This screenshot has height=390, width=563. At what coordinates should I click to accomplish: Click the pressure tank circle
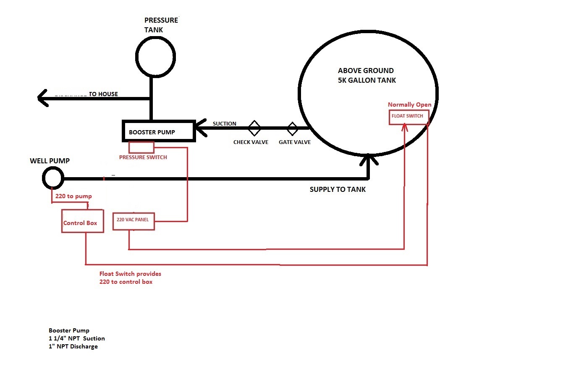pyautogui.click(x=155, y=56)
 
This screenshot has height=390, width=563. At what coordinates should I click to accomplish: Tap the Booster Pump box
pyautogui.click(x=158, y=131)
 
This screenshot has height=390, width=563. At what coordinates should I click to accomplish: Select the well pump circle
pyautogui.click(x=53, y=178)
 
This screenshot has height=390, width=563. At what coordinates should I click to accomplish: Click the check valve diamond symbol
pyautogui.click(x=254, y=128)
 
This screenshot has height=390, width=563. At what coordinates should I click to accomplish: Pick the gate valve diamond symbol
pyautogui.click(x=292, y=128)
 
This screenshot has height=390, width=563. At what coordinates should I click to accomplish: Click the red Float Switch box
pyautogui.click(x=409, y=116)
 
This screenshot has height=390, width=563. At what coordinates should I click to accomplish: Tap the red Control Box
pyautogui.click(x=82, y=221)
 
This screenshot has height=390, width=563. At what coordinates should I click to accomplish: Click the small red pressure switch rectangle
pyautogui.click(x=141, y=147)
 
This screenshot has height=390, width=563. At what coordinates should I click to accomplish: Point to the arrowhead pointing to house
pyautogui.click(x=43, y=98)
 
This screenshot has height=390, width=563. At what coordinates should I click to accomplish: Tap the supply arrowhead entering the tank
pyautogui.click(x=368, y=159)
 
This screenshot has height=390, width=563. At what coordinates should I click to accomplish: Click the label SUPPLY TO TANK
pyautogui.click(x=338, y=189)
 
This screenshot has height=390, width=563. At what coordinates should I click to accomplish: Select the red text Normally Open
pyautogui.click(x=409, y=105)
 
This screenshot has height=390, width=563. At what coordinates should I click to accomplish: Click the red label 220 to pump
pyautogui.click(x=73, y=196)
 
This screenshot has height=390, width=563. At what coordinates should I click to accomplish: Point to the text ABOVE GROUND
pyautogui.click(x=366, y=71)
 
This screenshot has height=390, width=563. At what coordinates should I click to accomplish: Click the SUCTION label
pyautogui.click(x=224, y=123)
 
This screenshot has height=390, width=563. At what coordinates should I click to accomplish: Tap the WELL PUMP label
pyautogui.click(x=50, y=161)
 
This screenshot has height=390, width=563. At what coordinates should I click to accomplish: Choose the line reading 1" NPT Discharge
pyautogui.click(x=73, y=346)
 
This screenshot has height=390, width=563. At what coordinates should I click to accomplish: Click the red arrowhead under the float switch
pyautogui.click(x=404, y=127)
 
